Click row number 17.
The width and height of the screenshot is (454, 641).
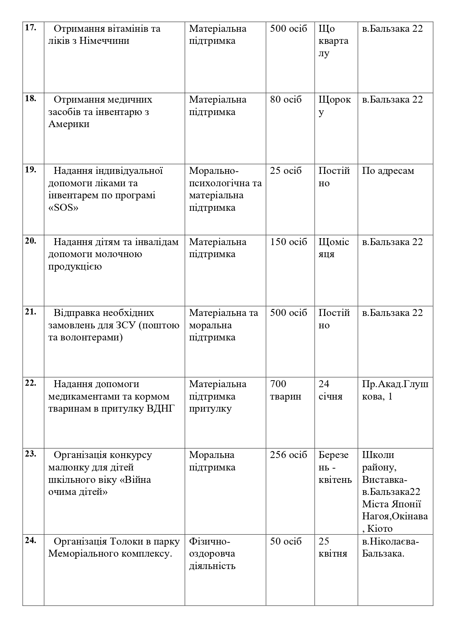point(30,28)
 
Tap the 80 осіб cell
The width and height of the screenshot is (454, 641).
point(286,100)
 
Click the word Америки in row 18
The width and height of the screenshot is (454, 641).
point(69,124)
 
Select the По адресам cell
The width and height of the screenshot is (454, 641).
point(388,171)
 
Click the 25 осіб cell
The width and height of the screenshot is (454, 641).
point(286,171)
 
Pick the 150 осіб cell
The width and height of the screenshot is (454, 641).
point(289,242)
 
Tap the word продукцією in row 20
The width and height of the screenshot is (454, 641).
point(75,266)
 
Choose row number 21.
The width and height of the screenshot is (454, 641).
point(30,312)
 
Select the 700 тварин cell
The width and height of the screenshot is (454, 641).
point(285,390)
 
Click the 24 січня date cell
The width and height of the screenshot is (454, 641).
point(330,390)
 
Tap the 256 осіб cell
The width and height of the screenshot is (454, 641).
point(289,455)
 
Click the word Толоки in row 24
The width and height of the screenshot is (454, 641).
point(122,541)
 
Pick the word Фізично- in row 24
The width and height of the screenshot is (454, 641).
point(210,541)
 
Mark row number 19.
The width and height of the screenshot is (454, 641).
point(30,170)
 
